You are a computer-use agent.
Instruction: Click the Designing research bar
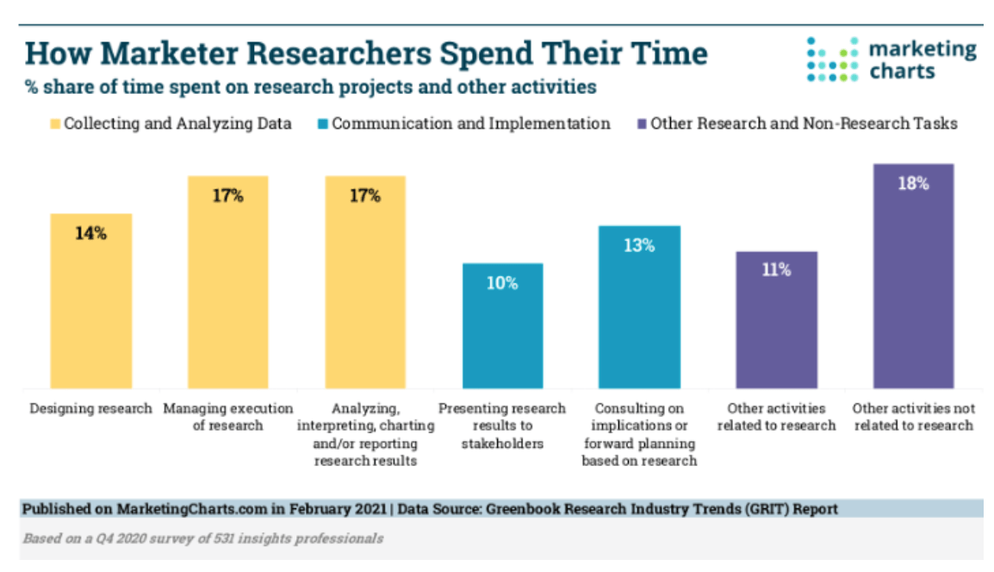pyautogui.click(x=90, y=302)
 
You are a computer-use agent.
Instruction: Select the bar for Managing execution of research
pyautogui.click(x=227, y=284)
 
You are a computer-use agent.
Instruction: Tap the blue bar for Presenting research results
pyautogui.click(x=503, y=327)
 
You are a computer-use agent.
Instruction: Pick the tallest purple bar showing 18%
pyautogui.click(x=913, y=276)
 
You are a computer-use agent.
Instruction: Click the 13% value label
pyautogui.click(x=640, y=246)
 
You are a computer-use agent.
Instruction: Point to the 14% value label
pyautogui.click(x=90, y=233)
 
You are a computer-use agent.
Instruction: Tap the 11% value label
pyautogui.click(x=776, y=270)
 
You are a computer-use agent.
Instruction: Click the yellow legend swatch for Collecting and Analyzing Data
pyautogui.click(x=54, y=124)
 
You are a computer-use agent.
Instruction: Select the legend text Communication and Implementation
pyautogui.click(x=471, y=124)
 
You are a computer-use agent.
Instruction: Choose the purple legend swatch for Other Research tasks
pyautogui.click(x=641, y=124)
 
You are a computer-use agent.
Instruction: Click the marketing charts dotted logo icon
pyautogui.click(x=832, y=59)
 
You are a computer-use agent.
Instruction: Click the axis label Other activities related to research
pyautogui.click(x=776, y=417)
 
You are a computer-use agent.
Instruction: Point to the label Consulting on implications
pyautogui.click(x=639, y=434)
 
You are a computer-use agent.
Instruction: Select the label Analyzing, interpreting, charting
pyautogui.click(x=364, y=434)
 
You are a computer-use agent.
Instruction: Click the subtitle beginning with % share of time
pyautogui.click(x=310, y=87)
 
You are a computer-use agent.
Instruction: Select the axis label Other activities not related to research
pyautogui.click(x=913, y=417)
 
